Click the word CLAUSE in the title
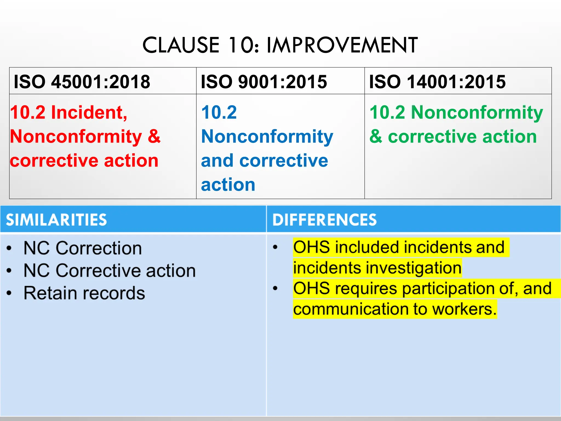pyautogui.click(x=181, y=45)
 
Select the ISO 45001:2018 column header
pyautogui.click(x=82, y=82)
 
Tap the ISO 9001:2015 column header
pyautogui.click(x=264, y=82)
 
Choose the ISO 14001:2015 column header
pyautogui.click(x=437, y=82)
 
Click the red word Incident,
pyautogui.click(x=89, y=112)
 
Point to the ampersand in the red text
pyautogui.click(x=154, y=136)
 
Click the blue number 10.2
pyautogui.click(x=219, y=112)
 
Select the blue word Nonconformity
pyautogui.click(x=267, y=136)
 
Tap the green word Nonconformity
pyautogui.click(x=477, y=112)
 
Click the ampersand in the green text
pyautogui.click(x=376, y=136)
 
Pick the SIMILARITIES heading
pyautogui.click(x=56, y=220)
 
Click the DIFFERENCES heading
pyautogui.click(x=324, y=220)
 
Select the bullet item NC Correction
pyautogui.click(x=82, y=248)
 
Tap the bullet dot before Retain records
pyautogui.click(x=9, y=293)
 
